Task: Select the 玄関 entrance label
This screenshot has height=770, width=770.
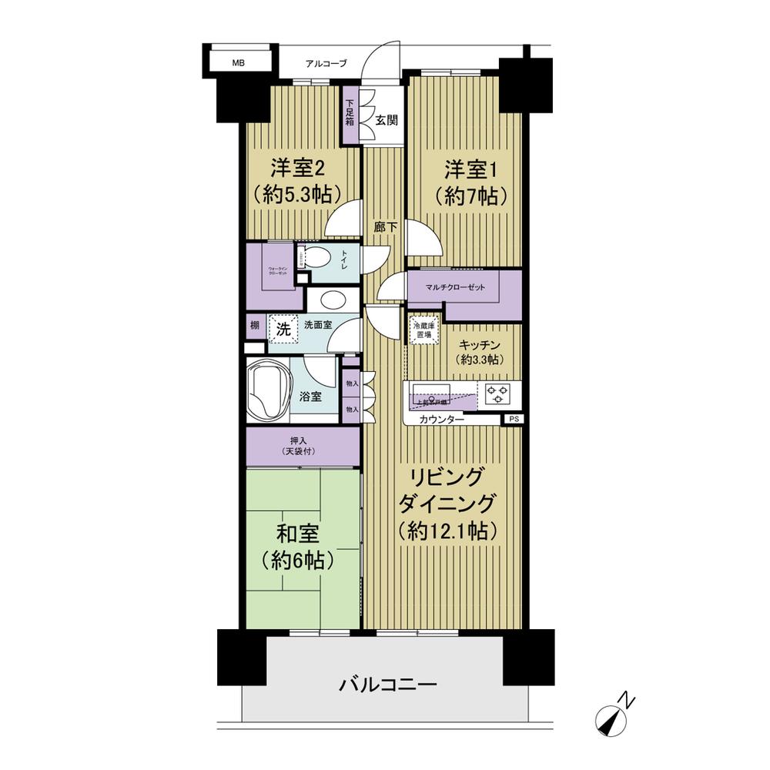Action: click(x=386, y=120)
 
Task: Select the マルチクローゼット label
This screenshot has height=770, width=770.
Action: click(x=454, y=287)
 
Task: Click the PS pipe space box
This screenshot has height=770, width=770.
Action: click(x=512, y=420)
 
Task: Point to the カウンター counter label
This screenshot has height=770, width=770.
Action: click(x=442, y=420)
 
